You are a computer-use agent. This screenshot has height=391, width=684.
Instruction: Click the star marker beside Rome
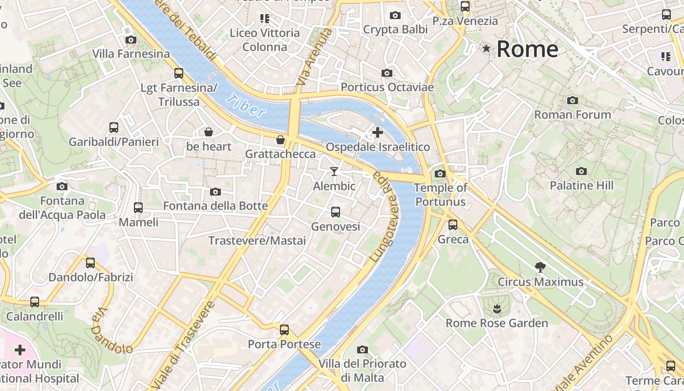point(486,48)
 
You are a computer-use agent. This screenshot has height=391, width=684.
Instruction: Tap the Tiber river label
point(245,105)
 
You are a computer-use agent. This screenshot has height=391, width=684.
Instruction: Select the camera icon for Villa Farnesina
point(131,40)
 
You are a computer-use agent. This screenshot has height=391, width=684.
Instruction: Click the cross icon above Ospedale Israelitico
point(377,132)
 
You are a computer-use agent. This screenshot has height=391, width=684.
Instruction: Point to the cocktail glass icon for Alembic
point(334,171)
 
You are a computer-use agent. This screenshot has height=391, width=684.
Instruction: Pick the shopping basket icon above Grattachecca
point(280,140)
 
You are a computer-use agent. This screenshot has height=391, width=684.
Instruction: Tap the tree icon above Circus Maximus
point(540,267)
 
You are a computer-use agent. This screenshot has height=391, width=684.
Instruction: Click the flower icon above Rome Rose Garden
point(497,308)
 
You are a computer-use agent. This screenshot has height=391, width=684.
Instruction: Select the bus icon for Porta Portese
point(284,329)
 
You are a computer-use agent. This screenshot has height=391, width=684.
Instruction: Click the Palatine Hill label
point(581,186)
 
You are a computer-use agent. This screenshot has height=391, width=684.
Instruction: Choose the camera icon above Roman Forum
point(573,100)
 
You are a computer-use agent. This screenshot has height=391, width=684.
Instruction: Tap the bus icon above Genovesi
point(336,212)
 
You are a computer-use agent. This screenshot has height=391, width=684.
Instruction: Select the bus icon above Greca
point(453,224)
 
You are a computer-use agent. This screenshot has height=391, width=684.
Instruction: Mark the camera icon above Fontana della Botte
point(215,192)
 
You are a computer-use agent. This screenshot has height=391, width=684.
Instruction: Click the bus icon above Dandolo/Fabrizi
point(90,262)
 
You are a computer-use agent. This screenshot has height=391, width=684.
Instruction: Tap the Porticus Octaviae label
point(387,87)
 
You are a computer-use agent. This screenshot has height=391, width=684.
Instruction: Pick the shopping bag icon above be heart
point(209,132)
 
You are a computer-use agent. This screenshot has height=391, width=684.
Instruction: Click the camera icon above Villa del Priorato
point(362,349)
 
